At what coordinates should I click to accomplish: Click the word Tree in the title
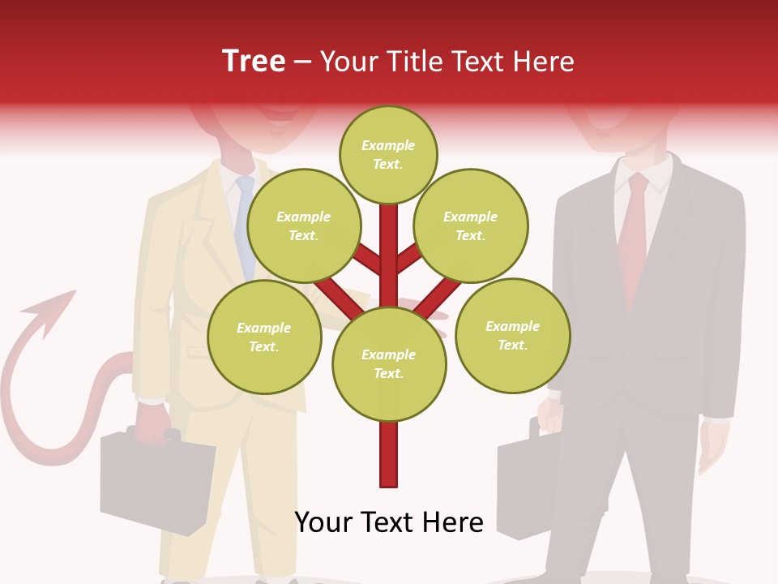point(254,61)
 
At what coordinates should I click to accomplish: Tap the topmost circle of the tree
point(388,154)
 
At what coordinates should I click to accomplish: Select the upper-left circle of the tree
point(303,225)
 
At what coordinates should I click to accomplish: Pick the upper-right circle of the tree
point(470,225)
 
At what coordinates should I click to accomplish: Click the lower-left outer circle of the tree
point(264,337)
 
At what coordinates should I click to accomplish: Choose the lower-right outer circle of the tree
point(512,335)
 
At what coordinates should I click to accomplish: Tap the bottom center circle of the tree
point(389,363)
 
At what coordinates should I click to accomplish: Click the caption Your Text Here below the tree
point(389,522)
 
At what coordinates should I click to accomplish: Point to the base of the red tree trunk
point(389,479)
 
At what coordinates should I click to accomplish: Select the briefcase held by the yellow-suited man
point(154,483)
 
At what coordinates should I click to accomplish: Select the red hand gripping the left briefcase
point(154,422)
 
